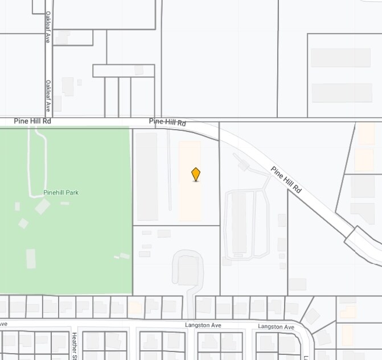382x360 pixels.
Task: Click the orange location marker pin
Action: (196, 174)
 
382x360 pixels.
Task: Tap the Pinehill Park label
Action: (61, 193)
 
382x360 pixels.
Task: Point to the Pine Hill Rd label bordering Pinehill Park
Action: (33, 121)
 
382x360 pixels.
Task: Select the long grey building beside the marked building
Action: (147, 176)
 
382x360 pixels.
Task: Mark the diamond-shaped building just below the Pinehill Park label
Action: (42, 206)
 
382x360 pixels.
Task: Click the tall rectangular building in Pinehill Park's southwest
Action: (31, 259)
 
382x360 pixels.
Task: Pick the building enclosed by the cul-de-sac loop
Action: (187, 271)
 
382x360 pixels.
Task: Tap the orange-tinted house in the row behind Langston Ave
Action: (135, 308)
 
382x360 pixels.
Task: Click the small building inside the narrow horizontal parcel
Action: (139, 70)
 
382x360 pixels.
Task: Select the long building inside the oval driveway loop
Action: (239, 222)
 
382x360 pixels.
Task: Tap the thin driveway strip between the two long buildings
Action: (169, 171)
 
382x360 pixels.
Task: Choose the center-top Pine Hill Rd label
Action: (167, 122)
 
